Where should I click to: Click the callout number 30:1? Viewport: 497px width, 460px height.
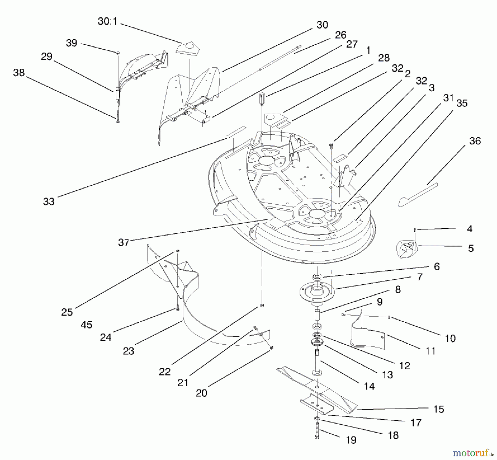[107, 21]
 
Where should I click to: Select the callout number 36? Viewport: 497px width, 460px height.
[475, 141]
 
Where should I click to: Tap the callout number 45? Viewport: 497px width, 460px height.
[86, 325]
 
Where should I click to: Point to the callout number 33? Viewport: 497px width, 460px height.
[49, 202]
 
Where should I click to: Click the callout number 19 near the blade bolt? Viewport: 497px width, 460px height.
[351, 440]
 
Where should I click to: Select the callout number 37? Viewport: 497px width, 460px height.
[123, 242]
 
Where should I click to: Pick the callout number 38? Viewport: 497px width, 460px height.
[19, 73]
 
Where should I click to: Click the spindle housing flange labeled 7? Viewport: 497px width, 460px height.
[317, 291]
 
